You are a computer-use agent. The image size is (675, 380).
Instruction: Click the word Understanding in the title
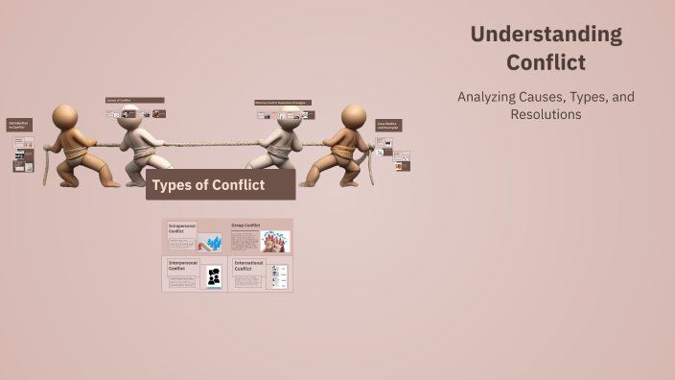tap(546, 35)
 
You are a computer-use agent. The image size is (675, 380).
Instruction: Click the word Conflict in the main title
tap(546, 63)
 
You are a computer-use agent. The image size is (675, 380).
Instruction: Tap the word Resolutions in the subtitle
tap(546, 114)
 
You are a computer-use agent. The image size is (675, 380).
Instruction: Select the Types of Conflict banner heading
tap(208, 184)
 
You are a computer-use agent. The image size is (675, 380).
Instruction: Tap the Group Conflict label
tap(245, 226)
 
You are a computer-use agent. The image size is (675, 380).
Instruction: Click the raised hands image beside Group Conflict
tap(275, 241)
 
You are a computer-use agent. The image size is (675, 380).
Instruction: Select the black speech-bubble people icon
tap(214, 277)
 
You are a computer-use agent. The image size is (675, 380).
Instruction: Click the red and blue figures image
tap(210, 242)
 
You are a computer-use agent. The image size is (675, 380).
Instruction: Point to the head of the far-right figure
tap(354, 116)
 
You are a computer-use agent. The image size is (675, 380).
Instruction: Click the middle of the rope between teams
tap(209, 145)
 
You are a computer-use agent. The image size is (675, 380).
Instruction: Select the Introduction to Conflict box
tap(19, 126)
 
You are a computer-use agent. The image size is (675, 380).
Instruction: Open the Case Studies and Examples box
tap(388, 126)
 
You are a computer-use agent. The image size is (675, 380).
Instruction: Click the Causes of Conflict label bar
tap(134, 100)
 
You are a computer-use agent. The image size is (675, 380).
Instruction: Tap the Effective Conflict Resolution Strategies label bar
tap(283, 103)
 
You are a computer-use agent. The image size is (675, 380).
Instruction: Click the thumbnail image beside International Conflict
tap(277, 277)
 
